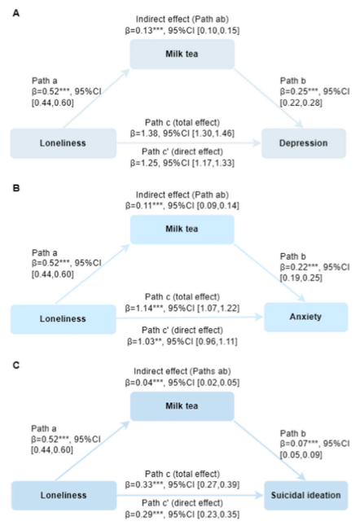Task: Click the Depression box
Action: pos(304,143)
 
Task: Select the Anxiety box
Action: pos(305,317)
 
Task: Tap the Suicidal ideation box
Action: pos(306,495)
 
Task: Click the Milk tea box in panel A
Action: pos(182,54)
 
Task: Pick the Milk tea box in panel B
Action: pos(182,229)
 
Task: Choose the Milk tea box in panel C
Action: pos(182,406)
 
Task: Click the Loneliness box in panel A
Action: pos(64,143)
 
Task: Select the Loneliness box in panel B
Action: pos(64,319)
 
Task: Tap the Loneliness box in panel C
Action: pos(64,496)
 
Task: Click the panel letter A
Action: pos(16,13)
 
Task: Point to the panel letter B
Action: pos(16,188)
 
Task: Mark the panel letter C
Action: pos(16,366)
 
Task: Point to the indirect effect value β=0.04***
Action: pos(144,383)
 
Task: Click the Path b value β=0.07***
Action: pos(299,444)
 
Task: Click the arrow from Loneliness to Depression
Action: pos(189,143)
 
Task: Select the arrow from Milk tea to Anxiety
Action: pos(270,273)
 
